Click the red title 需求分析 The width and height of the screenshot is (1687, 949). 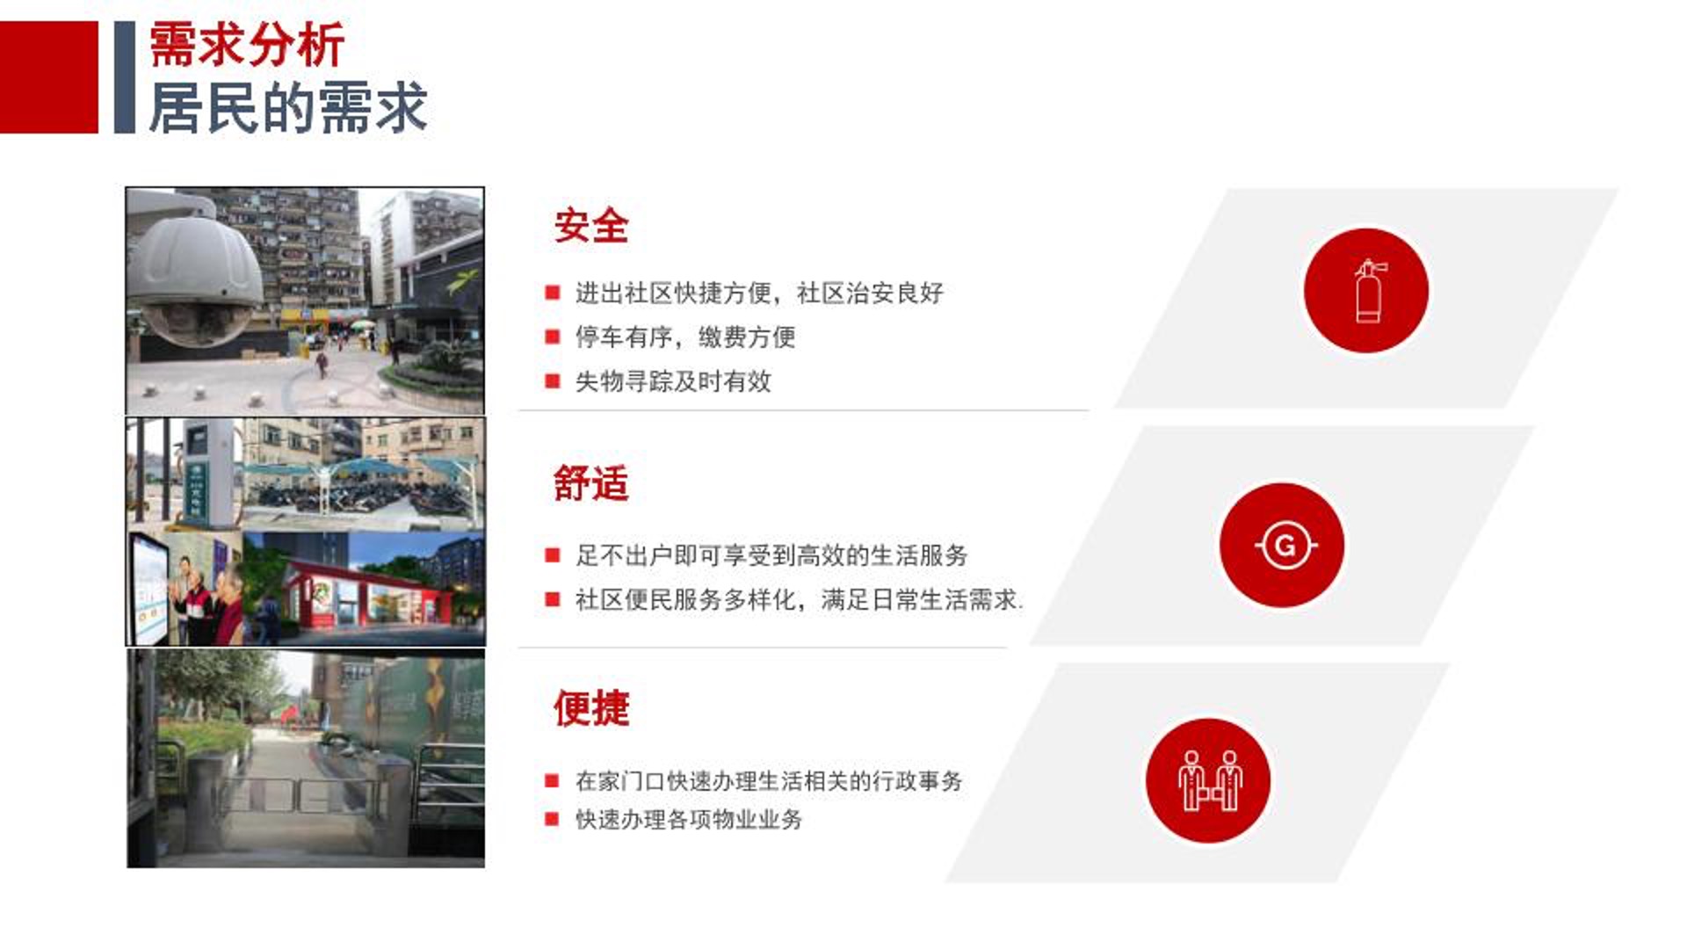pyautogui.click(x=247, y=46)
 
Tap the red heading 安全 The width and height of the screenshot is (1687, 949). pyautogui.click(x=591, y=226)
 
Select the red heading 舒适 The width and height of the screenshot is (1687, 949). pyautogui.click(x=591, y=483)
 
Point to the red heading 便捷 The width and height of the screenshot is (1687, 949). pyautogui.click(x=591, y=708)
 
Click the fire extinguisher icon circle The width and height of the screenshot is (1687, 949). pyautogui.click(x=1366, y=291)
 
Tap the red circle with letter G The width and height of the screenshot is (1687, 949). pyautogui.click(x=1282, y=545)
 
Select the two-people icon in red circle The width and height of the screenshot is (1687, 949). pyautogui.click(x=1208, y=780)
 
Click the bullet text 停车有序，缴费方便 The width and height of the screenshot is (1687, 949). pyautogui.click(x=685, y=337)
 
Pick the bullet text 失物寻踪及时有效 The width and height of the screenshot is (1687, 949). pyautogui.click(x=673, y=381)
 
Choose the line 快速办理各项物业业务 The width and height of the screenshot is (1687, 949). pyautogui.click(x=689, y=820)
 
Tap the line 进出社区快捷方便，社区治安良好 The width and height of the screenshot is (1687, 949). pyautogui.click(x=759, y=293)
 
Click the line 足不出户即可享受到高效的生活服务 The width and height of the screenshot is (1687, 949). pyautogui.click(x=771, y=555)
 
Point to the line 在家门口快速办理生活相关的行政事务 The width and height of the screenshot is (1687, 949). pyautogui.click(x=769, y=780)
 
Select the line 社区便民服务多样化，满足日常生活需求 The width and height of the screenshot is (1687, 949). pyautogui.click(x=798, y=600)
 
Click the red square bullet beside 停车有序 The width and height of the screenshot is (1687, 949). pyautogui.click(x=553, y=337)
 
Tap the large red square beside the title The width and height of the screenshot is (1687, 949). pyautogui.click(x=49, y=77)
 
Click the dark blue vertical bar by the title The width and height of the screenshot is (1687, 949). pyautogui.click(x=125, y=77)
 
